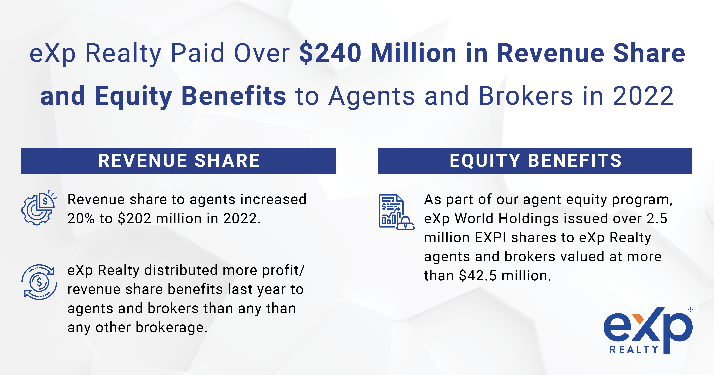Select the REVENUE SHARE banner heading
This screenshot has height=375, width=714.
coord(179,161)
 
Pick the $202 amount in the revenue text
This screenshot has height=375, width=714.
coord(135,219)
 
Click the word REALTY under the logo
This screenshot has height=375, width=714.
coord(634,349)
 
